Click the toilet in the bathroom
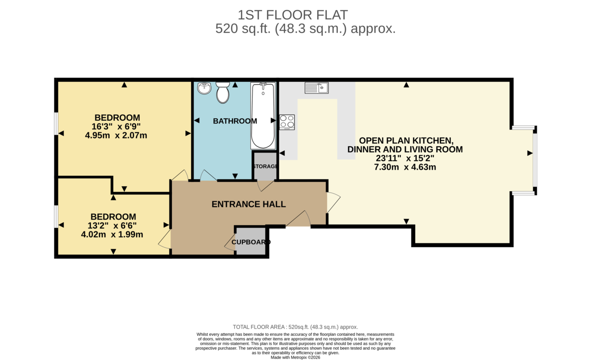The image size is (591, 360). coord(223,92)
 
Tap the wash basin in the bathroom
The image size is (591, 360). coord(204,88)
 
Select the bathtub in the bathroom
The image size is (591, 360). coord(263,116)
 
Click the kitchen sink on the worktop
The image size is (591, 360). coord(317,88)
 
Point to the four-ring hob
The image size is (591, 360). coord(287,122)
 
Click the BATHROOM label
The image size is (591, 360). coord(235,121)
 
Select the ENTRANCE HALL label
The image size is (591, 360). coord(248,204)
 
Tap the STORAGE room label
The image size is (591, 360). coord(265,166)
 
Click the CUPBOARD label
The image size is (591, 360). coord(251,242)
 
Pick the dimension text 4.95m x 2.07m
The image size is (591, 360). coord(116,135)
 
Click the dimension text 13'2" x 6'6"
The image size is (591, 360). coord(113,226)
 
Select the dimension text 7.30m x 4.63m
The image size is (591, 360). coord(405,167)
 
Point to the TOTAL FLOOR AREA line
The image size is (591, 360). coord(295,327)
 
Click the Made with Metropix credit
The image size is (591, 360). coord(295,358)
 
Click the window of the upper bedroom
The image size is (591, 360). coord(56,127)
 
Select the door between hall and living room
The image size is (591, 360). coord(333,202)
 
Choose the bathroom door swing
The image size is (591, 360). coord(207,176)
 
